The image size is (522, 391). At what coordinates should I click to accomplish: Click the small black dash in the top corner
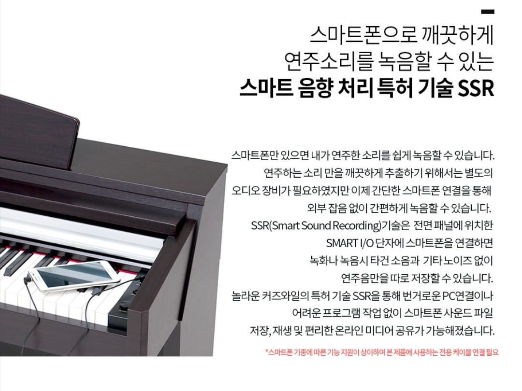pyautogui.click(x=487, y=12)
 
